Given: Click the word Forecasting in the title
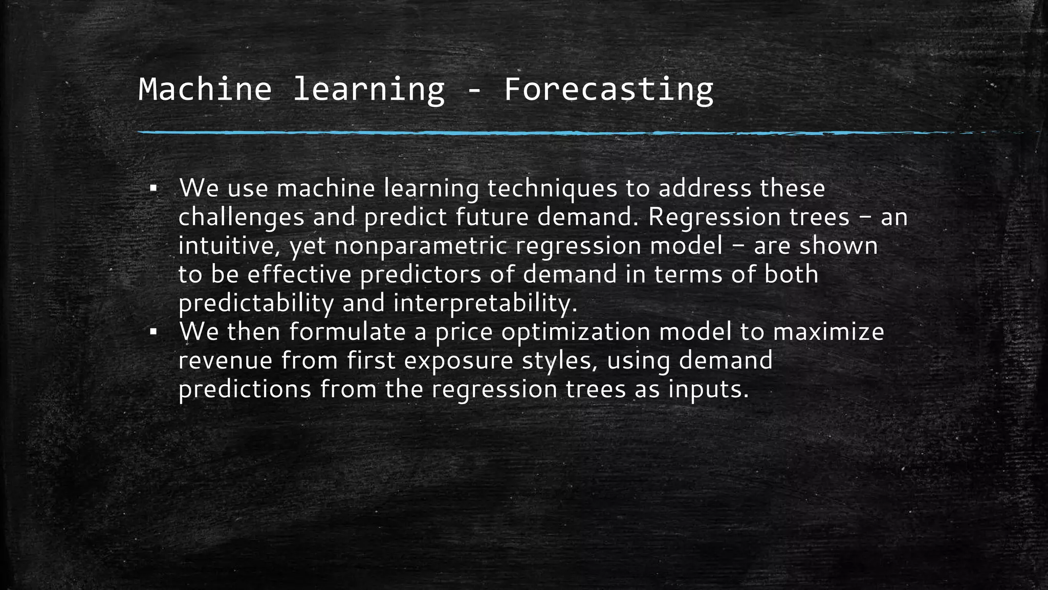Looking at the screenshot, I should (x=608, y=90).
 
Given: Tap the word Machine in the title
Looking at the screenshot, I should (x=205, y=90).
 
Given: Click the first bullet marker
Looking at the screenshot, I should (x=152, y=189).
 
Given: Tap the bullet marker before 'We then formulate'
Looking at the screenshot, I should (x=152, y=332).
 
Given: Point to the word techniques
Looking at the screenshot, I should (x=552, y=189).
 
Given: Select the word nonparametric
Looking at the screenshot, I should (x=421, y=246).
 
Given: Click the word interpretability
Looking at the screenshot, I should (x=485, y=303).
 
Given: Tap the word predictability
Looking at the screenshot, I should (x=256, y=303).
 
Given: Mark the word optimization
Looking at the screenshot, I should (x=575, y=332).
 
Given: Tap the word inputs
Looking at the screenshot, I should (x=708, y=389).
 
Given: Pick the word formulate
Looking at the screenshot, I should (x=347, y=332).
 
